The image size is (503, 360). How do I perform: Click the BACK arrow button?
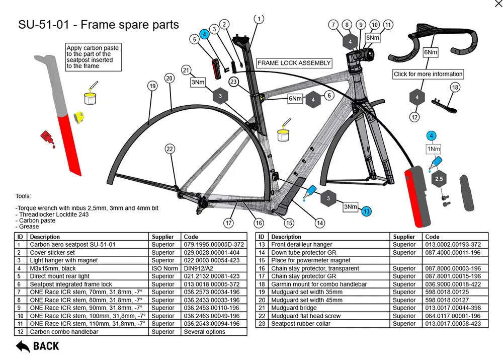tap(37, 346)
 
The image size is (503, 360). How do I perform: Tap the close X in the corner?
tap(498, 4)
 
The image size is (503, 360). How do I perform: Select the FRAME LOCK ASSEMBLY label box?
tap(294, 63)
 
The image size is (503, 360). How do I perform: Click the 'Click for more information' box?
tap(428, 74)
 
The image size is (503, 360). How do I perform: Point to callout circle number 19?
tap(152, 86)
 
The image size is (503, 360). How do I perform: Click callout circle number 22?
tap(170, 149)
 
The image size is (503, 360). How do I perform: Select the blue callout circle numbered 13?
tap(366, 211)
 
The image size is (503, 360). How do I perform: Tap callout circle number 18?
tap(455, 87)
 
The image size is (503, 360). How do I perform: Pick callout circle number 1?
tap(259, 19)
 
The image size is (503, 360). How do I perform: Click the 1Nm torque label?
tap(433, 150)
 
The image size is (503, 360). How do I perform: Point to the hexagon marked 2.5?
tap(439, 179)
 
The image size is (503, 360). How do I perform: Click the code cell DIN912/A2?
tap(194, 268)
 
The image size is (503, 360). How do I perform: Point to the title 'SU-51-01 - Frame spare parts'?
tap(98, 24)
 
